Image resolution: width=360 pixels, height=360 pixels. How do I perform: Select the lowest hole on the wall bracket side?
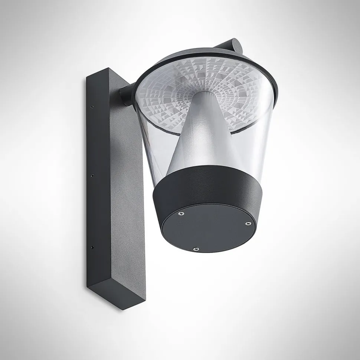92,247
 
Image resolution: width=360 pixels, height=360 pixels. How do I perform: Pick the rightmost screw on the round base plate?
248,224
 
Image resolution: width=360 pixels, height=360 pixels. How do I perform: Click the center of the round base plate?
206,228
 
